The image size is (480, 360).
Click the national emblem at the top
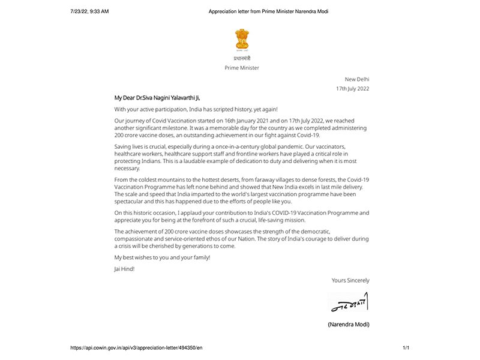pyautogui.click(x=242, y=40)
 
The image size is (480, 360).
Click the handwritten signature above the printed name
pyautogui.click(x=349, y=302)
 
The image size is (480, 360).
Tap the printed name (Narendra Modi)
pyautogui.click(x=349, y=325)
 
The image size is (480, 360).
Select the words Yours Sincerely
pyautogui.click(x=350, y=280)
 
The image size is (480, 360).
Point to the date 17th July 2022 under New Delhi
pyautogui.click(x=352, y=89)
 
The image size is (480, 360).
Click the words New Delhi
pyautogui.click(x=357, y=79)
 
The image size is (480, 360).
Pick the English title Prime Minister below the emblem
pyautogui.click(x=242, y=68)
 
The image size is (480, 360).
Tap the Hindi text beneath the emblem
pyautogui.click(x=242, y=58)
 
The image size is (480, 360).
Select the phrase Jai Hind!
pyautogui.click(x=124, y=269)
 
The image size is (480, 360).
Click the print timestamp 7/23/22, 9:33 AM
pyautogui.click(x=89, y=11)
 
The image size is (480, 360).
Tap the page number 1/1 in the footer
pyautogui.click(x=406, y=348)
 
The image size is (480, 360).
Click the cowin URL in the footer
pyautogui.click(x=136, y=348)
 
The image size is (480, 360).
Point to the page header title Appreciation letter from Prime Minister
pyautogui.click(x=268, y=11)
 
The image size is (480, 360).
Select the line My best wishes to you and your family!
pyautogui.click(x=162, y=257)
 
